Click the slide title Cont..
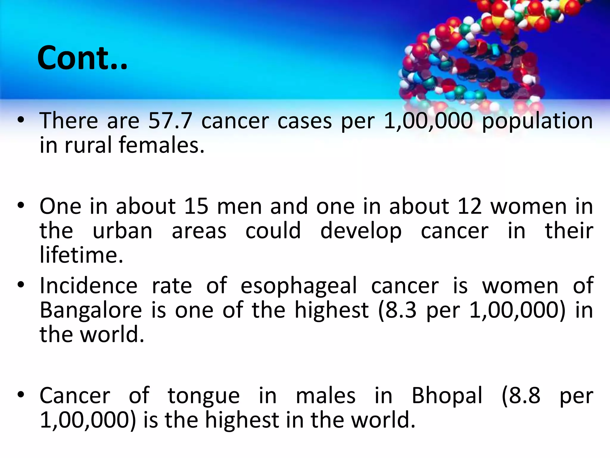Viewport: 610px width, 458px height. (x=82, y=58)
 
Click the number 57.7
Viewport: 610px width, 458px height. (x=170, y=121)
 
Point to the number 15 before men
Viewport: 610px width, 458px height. (x=196, y=206)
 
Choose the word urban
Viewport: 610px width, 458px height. (x=122, y=231)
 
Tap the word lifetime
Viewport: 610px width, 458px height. (x=81, y=255)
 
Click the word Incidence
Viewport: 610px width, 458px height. (x=88, y=286)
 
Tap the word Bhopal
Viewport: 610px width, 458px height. (x=447, y=396)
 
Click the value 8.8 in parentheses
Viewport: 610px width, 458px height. (x=524, y=396)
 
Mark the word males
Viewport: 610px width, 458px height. (x=326, y=396)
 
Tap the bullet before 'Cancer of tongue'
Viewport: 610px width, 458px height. (x=21, y=395)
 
